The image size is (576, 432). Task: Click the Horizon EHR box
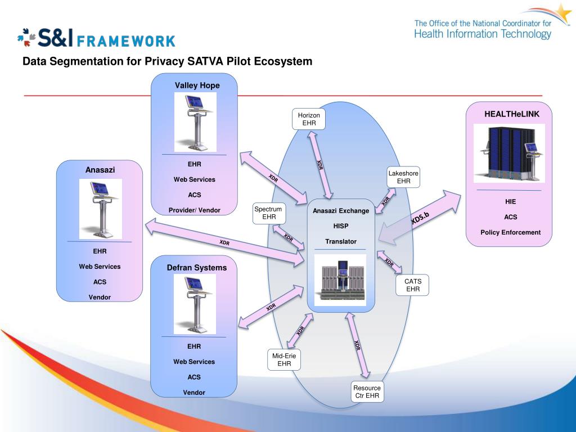(x=309, y=119)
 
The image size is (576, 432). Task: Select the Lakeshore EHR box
(x=403, y=177)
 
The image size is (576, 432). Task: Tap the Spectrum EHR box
(x=269, y=213)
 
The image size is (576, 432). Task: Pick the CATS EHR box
(x=412, y=285)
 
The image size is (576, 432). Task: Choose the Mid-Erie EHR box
(x=284, y=359)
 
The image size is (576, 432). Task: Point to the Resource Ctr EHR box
(x=367, y=391)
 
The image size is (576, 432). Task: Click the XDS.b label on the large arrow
(x=420, y=218)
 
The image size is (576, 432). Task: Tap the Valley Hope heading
(x=197, y=85)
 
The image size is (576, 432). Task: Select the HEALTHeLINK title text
(x=512, y=114)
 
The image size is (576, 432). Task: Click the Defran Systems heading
(x=197, y=267)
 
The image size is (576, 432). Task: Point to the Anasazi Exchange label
(x=341, y=211)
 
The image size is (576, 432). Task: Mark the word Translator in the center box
(x=341, y=241)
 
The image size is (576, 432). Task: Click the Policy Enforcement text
(x=511, y=232)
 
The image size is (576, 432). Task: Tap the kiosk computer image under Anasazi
(x=101, y=209)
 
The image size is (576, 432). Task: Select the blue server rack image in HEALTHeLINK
(x=509, y=153)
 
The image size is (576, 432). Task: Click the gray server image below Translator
(x=340, y=280)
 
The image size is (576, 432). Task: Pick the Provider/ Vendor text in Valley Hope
(x=194, y=210)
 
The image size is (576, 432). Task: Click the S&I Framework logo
(x=96, y=38)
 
